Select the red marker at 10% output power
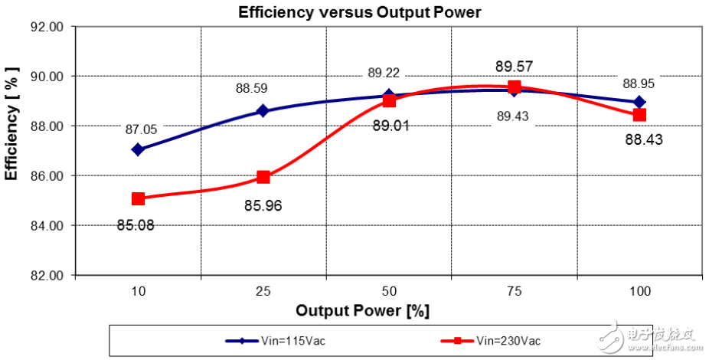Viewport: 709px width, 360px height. [138, 198]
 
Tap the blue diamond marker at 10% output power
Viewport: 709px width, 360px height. [138, 149]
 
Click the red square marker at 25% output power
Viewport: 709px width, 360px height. [263, 177]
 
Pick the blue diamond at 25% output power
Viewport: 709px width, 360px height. [263, 110]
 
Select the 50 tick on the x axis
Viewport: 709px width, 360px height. [389, 292]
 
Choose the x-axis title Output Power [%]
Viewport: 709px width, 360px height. [362, 311]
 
